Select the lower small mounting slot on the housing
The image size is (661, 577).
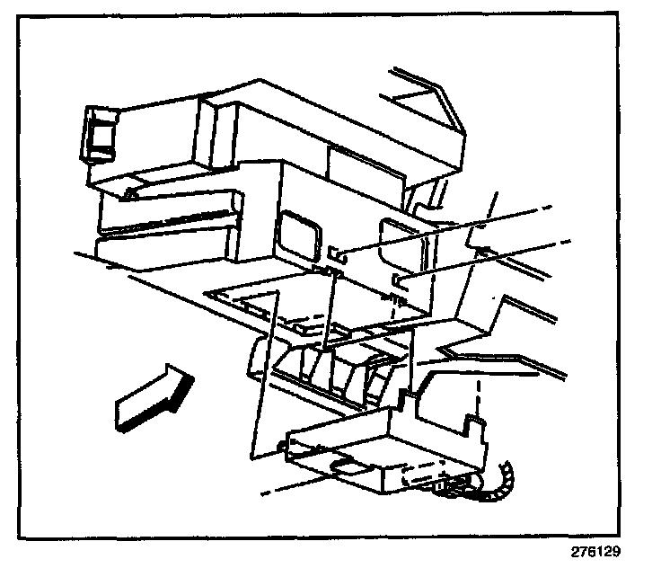coord(398,283)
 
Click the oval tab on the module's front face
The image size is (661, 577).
coord(348,465)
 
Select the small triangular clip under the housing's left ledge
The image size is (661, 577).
coord(132,191)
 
